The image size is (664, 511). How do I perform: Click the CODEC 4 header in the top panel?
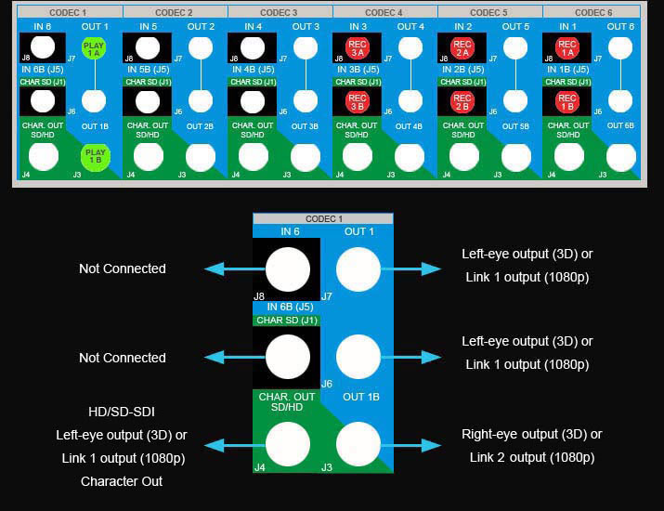tap(384, 13)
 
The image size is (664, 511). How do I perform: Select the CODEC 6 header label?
tap(594, 13)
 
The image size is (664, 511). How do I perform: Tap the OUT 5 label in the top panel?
tap(515, 27)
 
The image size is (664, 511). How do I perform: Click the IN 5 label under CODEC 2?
tap(150, 27)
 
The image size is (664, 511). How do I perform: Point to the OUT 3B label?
tap(306, 125)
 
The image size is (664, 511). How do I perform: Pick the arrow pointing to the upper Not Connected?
tap(228, 269)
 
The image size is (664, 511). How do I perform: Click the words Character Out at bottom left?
tap(122, 481)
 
